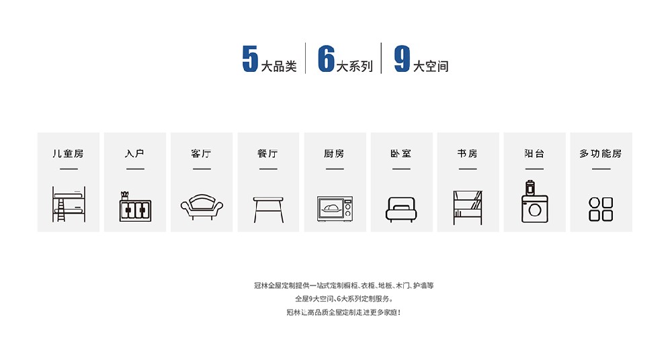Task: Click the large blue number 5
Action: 250,58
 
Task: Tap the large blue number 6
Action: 326,58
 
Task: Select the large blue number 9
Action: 402,58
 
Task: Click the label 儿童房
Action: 68,153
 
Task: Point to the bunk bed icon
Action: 69,204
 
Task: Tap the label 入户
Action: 135,153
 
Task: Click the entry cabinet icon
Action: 136,207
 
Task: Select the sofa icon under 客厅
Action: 202,207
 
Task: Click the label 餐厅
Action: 268,153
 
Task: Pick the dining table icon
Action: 268,210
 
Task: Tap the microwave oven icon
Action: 335,209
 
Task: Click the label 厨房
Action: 334,153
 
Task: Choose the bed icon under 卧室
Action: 401,210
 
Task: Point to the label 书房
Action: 468,153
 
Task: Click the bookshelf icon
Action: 468,208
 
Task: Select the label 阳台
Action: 534,153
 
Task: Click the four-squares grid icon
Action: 601,209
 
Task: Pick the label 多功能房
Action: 601,153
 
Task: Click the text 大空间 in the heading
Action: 431,66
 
